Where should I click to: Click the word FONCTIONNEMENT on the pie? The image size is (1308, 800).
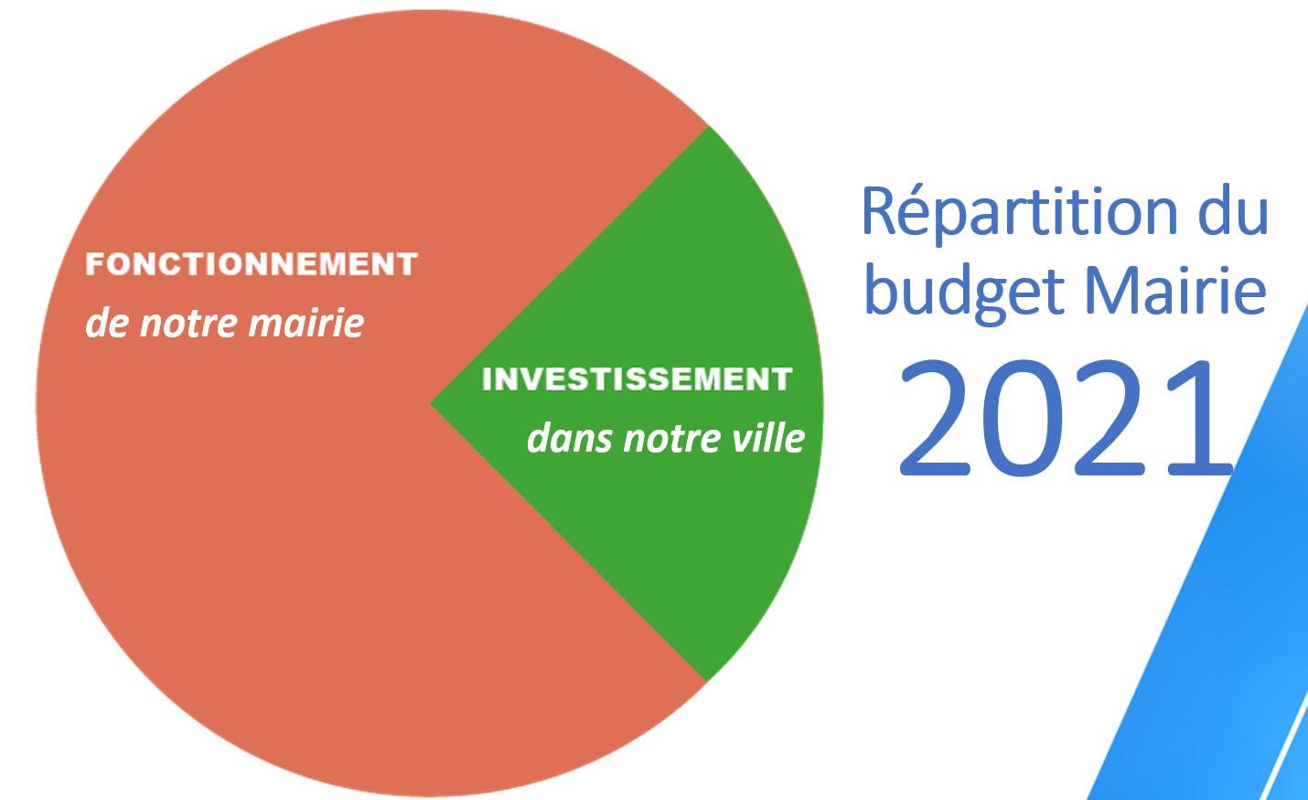[x=252, y=263]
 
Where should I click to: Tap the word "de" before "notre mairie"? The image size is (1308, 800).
[x=107, y=322]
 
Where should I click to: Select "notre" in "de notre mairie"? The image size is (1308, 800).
[x=188, y=324]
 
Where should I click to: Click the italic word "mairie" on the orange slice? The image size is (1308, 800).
[x=306, y=322]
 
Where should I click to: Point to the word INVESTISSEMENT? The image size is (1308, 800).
[x=637, y=379]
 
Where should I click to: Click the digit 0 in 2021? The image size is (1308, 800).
[x=1023, y=418]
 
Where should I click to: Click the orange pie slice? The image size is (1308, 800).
[x=263, y=496]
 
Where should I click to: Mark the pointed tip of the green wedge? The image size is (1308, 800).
[x=431, y=403]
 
